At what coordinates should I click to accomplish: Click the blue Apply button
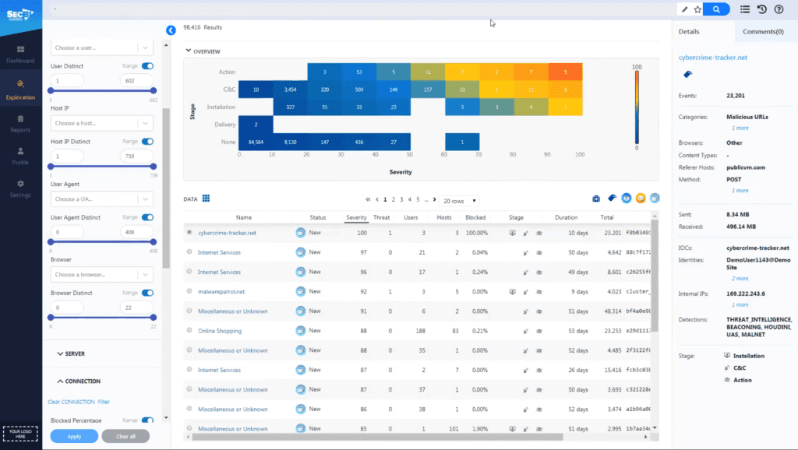click(x=74, y=436)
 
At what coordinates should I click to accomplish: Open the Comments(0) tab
click(x=763, y=32)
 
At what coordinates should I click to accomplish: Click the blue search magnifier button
click(x=716, y=9)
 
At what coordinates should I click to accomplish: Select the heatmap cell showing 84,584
click(x=256, y=142)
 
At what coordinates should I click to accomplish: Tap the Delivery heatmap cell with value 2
click(x=256, y=125)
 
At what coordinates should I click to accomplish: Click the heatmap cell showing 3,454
click(x=290, y=90)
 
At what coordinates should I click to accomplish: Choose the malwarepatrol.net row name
click(x=221, y=291)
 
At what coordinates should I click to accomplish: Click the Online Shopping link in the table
click(x=219, y=331)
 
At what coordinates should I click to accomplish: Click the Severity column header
click(x=356, y=217)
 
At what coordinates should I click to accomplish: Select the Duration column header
click(x=566, y=217)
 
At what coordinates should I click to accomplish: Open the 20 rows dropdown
click(x=459, y=200)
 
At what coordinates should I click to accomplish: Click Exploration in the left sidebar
click(x=20, y=89)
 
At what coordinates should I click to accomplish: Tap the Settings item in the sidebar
click(x=20, y=188)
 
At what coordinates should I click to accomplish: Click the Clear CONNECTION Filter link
click(x=79, y=402)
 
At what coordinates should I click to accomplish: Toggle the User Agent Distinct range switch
click(x=147, y=217)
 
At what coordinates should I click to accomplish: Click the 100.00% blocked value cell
click(x=476, y=233)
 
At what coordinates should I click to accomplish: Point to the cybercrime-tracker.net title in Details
click(x=713, y=57)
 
